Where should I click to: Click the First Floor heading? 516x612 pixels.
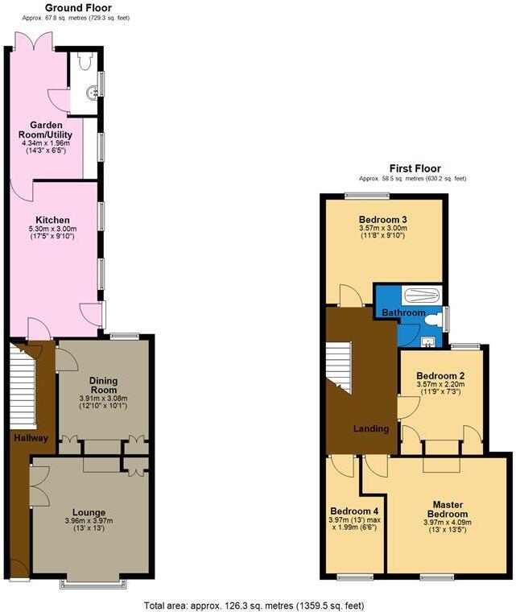pyautogui.click(x=411, y=168)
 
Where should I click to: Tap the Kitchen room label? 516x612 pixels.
pyautogui.click(x=52, y=220)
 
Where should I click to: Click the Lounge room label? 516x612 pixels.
pyautogui.click(x=89, y=511)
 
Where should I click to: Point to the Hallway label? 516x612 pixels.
pyautogui.click(x=31, y=438)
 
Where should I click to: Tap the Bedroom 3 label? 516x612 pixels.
pyautogui.click(x=383, y=219)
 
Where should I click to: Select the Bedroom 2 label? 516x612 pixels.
pyautogui.click(x=440, y=376)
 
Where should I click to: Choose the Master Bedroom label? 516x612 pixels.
pyautogui.click(x=448, y=509)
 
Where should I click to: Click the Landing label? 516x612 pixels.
pyautogui.click(x=371, y=428)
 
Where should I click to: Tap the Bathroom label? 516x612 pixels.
pyautogui.click(x=403, y=312)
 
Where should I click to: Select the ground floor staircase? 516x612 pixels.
pyautogui.click(x=23, y=385)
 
